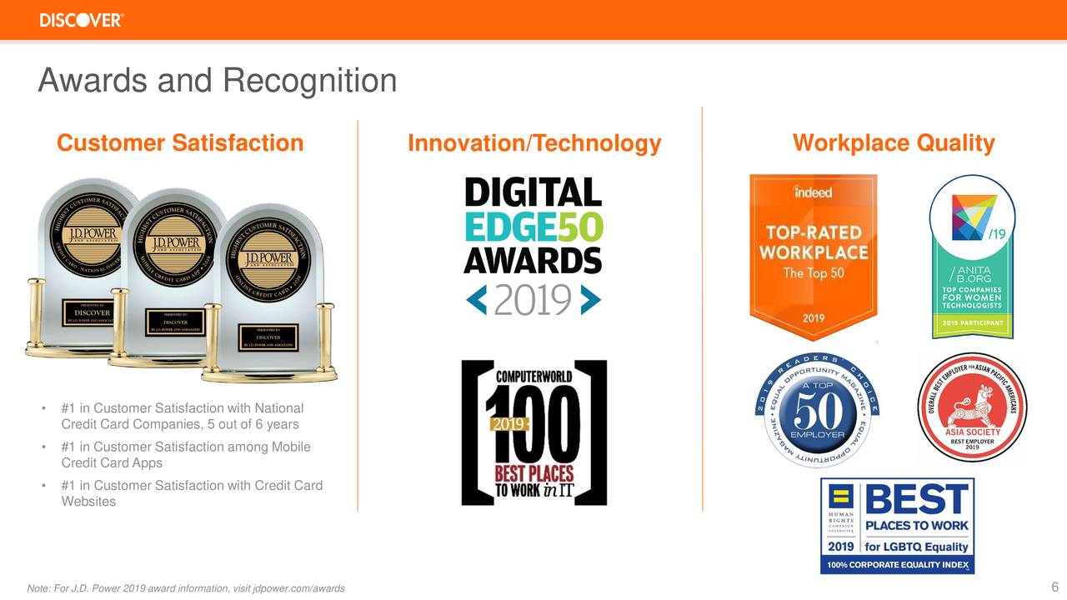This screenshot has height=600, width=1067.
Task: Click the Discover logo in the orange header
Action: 82,20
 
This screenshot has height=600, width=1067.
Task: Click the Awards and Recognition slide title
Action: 218,81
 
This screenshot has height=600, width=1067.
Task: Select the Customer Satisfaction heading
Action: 180,143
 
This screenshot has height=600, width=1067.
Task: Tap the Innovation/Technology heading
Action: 533,144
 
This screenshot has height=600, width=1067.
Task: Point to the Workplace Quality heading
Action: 893,143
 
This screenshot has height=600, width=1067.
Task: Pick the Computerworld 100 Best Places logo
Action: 533,432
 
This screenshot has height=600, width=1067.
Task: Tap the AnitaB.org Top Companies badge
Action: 972,257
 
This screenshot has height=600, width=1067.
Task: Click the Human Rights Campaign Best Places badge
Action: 897,525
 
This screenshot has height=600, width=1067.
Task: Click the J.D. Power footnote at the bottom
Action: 186,588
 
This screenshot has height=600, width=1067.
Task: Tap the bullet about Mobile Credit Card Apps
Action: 185,455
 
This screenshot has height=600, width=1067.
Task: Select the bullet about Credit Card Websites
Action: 191,493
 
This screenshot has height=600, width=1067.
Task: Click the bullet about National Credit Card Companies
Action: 182,417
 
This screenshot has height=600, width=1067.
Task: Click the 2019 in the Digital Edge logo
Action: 533,299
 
